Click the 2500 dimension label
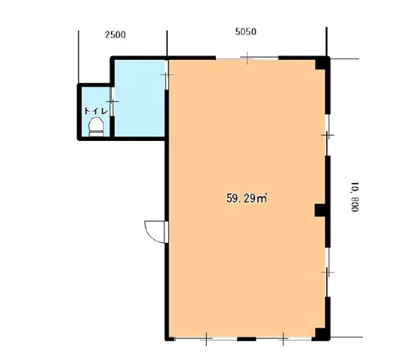pos(115,34)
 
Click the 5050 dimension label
pos(246,31)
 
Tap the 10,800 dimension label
pos(355,196)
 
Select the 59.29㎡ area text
pos(247,199)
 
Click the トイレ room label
pos(96,111)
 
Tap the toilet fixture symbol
pos(96,127)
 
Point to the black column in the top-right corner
pos(322,63)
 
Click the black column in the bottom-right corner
pos(322,334)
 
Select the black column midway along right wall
pos(320,210)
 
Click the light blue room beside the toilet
pos(139,98)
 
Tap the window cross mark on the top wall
pos(247,58)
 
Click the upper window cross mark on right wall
pos(327,135)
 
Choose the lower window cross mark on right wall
pos(327,272)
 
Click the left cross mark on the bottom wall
pos(206,339)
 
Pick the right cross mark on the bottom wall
pos(283,339)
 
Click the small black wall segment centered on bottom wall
pos(247,339)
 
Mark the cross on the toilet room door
pos(112,101)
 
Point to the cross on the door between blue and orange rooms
pos(166,74)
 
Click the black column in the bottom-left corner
pos(169,338)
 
